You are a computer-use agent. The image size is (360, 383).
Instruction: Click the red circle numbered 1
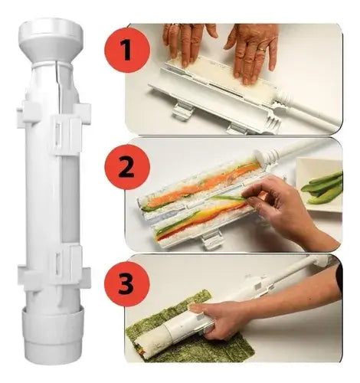(127, 50)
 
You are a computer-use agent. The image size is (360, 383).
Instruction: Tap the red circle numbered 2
(127, 167)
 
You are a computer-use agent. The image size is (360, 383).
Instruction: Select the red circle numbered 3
(127, 284)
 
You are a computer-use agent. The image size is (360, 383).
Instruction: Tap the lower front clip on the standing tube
(67, 263)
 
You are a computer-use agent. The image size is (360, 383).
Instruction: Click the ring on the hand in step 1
(261, 49)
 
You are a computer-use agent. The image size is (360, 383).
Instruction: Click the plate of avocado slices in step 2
(320, 182)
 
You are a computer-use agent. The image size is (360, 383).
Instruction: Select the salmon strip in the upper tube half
(201, 182)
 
